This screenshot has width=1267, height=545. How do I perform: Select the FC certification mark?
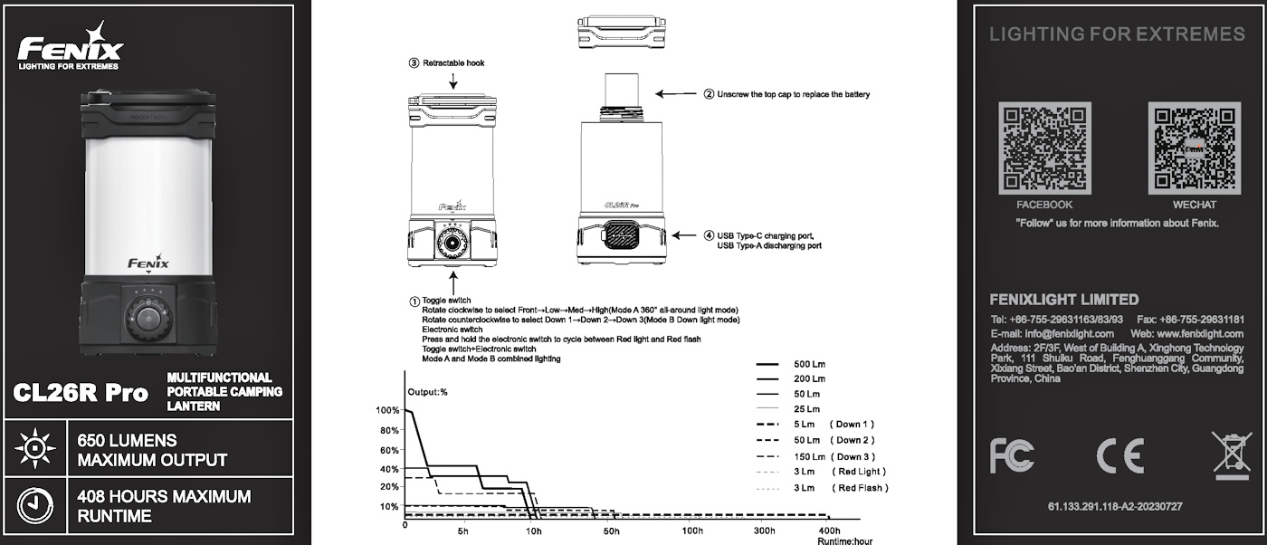tap(1011, 455)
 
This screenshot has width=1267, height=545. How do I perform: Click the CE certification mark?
tap(1119, 455)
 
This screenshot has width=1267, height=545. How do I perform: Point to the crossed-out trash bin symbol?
tap(1231, 455)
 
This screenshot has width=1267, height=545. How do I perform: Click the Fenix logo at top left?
tap(70, 47)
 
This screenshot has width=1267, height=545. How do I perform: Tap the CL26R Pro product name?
tap(81, 393)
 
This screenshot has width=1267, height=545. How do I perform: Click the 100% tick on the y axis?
tap(387, 410)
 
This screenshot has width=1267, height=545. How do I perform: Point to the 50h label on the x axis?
tap(612, 531)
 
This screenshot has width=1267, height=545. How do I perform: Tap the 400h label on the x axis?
tap(828, 531)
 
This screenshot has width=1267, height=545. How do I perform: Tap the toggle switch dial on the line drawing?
tap(450, 243)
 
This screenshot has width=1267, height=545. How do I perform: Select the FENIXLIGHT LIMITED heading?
tap(1064, 300)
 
